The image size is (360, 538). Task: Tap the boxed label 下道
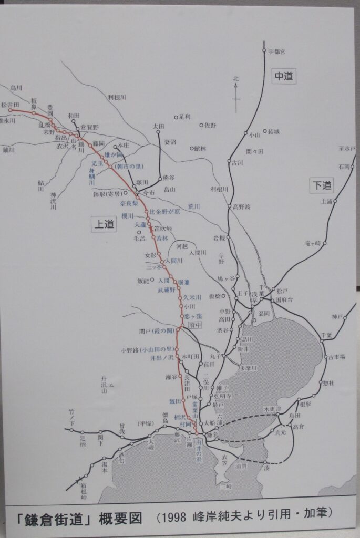(321, 185)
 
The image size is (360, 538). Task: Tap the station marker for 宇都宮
(264, 51)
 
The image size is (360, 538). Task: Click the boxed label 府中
(195, 325)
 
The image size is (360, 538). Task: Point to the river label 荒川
(194, 207)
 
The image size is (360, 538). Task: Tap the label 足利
(184, 116)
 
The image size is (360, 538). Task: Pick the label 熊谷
(169, 177)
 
